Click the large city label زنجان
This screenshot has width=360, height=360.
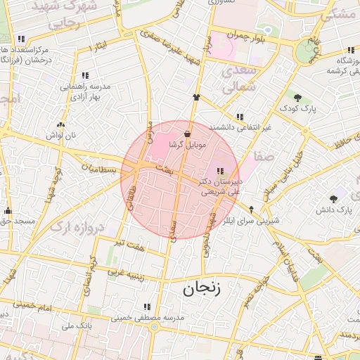pyautogui.click(x=202, y=288)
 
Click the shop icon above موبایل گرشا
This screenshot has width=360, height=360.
pyautogui.click(x=187, y=134)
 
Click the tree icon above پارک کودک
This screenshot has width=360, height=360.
pyautogui.click(x=297, y=98)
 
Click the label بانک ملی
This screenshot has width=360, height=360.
pyautogui.click(x=77, y=326)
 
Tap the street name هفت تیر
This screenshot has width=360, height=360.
pyautogui.click(x=131, y=243)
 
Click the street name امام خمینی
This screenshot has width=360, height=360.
pyautogui.click(x=36, y=307)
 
